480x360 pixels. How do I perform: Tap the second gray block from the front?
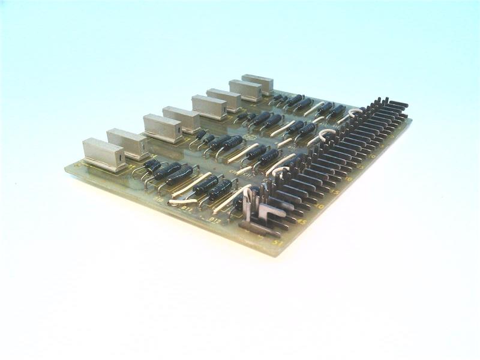[x=127, y=143]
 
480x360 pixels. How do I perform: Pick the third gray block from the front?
[x=163, y=128]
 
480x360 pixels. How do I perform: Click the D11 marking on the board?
[x=186, y=211]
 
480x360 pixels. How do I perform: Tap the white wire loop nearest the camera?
[x=280, y=170]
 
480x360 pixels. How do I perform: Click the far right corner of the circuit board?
[x=412, y=121]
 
